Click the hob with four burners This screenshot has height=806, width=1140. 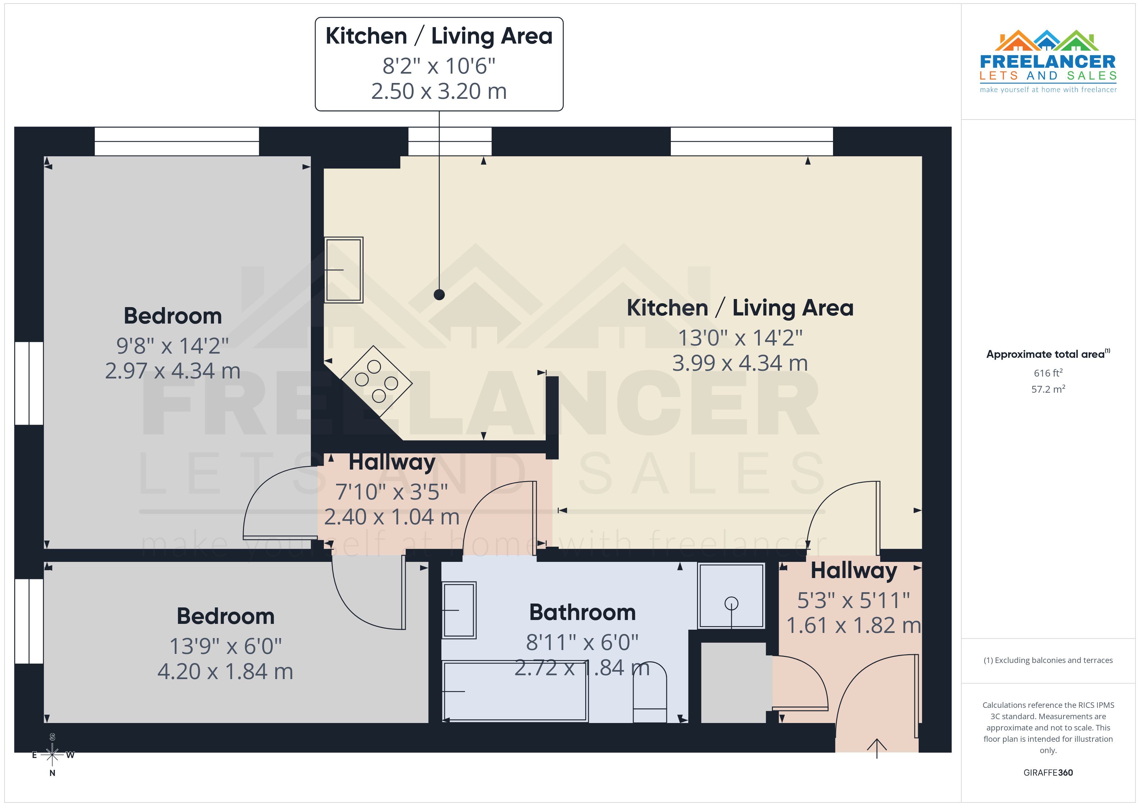376,381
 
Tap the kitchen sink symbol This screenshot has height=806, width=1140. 343,270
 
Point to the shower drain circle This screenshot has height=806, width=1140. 731,604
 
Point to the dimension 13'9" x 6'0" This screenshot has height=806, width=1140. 226,646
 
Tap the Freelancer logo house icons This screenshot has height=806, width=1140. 1047,41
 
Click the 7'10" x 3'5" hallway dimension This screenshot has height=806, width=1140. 392,492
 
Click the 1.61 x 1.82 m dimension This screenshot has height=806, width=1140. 853,625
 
